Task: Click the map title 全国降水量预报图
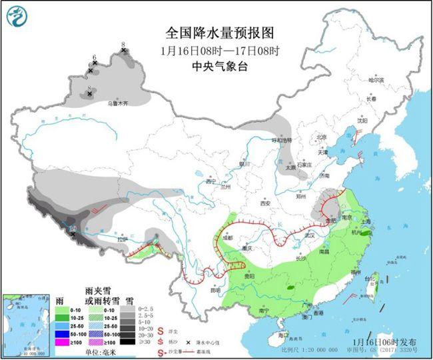[x=220, y=33]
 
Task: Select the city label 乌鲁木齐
[x=117, y=103]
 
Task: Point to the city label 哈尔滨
[x=377, y=79]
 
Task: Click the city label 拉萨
[x=121, y=239]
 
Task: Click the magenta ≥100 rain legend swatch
[x=67, y=342]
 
